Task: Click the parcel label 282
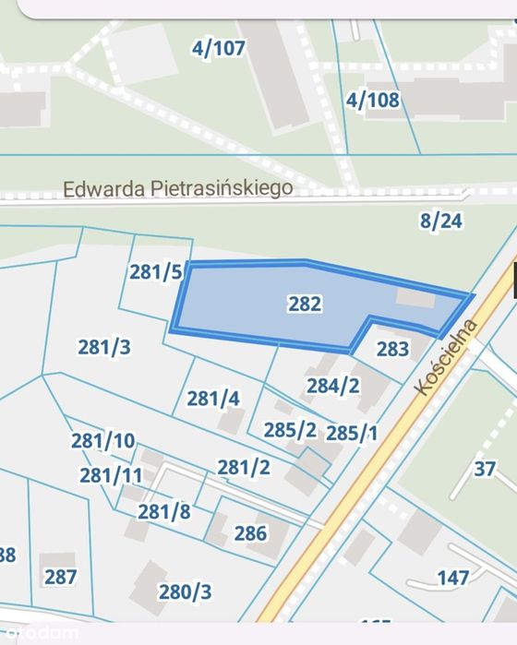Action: tap(304, 304)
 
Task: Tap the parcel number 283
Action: tap(392, 349)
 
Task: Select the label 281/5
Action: tap(156, 271)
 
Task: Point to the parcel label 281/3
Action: tap(103, 347)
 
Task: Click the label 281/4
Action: tap(213, 399)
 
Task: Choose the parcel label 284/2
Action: tap(332, 386)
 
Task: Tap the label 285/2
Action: tap(290, 430)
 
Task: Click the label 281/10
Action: tap(102, 440)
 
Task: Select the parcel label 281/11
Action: tap(111, 475)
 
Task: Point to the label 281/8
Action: tap(164, 510)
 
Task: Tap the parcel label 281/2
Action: tap(244, 467)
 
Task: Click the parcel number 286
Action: tap(250, 532)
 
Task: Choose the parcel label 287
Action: tap(61, 577)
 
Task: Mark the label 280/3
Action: tap(185, 591)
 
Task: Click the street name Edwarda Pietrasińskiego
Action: tap(177, 188)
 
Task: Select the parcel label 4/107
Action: tap(219, 48)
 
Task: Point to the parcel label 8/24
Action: tap(440, 220)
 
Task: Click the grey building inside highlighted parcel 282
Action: tap(415, 298)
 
